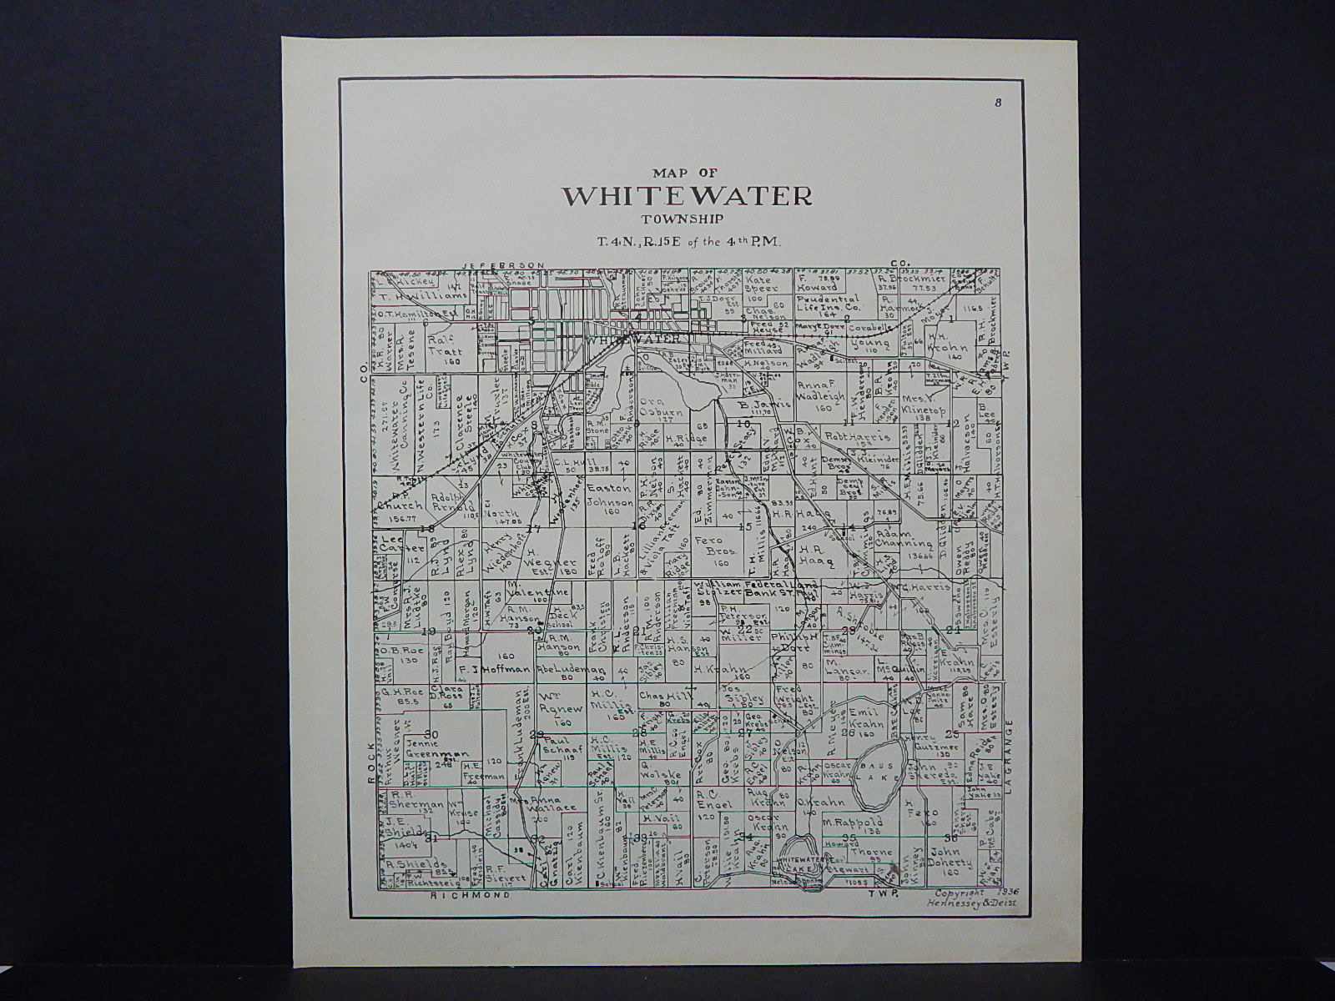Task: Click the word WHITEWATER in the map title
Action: click(x=688, y=195)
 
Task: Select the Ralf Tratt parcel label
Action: click(x=446, y=345)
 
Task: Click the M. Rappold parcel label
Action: click(x=852, y=823)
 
